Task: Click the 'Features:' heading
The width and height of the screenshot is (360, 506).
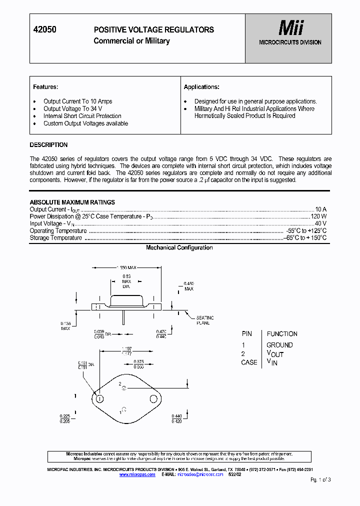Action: [45, 87]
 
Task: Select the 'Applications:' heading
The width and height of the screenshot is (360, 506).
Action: [201, 87]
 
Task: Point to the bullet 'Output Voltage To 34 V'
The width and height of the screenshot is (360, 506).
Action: [72, 108]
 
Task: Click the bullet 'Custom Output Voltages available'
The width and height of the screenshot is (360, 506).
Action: [85, 123]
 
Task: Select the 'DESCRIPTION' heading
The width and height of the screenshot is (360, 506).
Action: [48, 145]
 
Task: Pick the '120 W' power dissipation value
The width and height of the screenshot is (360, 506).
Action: [318, 216]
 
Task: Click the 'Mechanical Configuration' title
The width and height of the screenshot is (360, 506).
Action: [179, 247]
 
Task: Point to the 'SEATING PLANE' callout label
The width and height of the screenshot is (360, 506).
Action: [204, 320]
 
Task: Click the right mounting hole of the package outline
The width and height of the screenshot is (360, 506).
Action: [153, 398]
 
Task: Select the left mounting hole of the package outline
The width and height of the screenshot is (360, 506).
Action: [99, 398]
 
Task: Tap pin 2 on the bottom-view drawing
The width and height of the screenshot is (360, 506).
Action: [124, 387]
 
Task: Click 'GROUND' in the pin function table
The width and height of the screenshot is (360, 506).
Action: [279, 345]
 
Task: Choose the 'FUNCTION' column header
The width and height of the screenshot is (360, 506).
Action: [282, 333]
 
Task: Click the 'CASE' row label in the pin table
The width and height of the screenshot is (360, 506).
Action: [249, 362]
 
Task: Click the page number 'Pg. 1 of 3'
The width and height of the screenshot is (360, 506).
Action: [320, 479]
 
